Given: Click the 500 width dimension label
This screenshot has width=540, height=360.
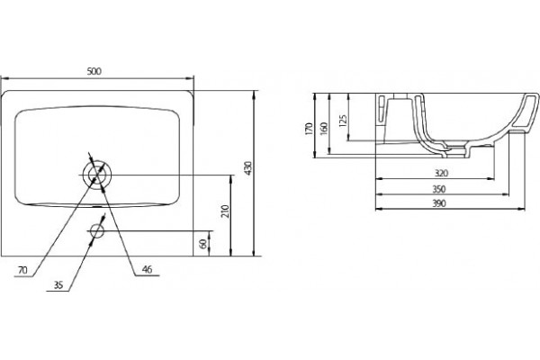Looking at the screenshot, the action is coord(94,71).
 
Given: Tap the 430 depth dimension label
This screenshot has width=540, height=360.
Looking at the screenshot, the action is coord(248,168).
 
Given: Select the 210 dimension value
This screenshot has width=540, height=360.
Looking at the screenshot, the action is coord(225,211).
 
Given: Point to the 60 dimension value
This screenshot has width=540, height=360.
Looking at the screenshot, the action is coord(203,244).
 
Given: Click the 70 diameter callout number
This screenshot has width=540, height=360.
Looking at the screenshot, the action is coord(22,270).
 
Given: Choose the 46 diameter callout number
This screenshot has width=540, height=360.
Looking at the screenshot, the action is coord(147,269).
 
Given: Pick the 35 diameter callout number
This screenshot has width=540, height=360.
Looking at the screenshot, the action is coord(58,285).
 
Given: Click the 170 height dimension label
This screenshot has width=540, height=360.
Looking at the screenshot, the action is coord(309,129).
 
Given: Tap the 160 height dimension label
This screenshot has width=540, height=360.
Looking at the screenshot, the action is coord(324,129).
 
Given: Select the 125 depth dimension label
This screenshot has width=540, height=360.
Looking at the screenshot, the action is coord(343,121).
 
